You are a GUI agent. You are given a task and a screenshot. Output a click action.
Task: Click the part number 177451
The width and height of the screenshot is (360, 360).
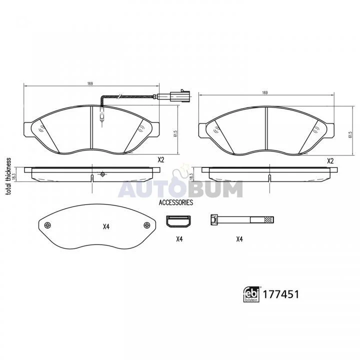280,294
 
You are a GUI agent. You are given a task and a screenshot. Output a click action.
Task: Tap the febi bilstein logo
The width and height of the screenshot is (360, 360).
251,294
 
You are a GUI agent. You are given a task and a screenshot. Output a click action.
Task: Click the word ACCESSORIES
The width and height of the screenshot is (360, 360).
176,202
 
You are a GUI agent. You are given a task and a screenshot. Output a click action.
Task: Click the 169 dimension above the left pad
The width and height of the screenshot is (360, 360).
90,83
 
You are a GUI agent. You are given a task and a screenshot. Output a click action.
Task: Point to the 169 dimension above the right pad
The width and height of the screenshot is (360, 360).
265,93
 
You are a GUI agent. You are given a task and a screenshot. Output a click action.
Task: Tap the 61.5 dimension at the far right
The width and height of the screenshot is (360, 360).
350,134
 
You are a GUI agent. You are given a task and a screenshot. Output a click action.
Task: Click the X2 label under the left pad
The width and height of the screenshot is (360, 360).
161,160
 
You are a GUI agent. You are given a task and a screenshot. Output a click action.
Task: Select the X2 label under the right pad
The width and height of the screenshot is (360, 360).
330,161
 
